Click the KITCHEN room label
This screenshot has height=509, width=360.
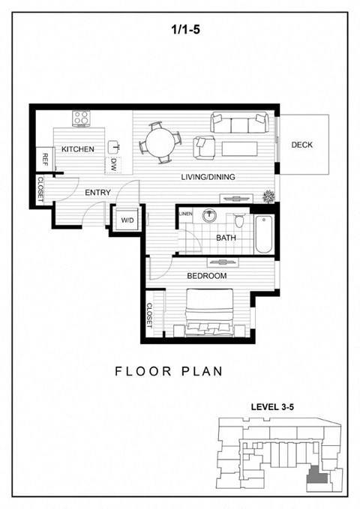click(x=78, y=149)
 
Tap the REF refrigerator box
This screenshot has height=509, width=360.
click(x=45, y=159)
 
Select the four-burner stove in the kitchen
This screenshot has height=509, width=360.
click(x=81, y=118)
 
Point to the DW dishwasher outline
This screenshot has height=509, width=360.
click(x=113, y=165)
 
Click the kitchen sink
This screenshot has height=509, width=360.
click(x=114, y=147)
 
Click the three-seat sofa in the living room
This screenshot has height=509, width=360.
click(x=240, y=122)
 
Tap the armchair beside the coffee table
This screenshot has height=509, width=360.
click(x=204, y=148)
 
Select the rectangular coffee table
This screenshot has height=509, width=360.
click(x=240, y=148)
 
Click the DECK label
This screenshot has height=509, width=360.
click(x=301, y=145)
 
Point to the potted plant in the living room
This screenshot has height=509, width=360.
click(x=268, y=196)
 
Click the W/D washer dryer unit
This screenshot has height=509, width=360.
click(x=127, y=220)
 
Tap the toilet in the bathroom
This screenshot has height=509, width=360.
click(x=239, y=220)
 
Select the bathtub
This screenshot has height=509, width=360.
click(x=263, y=234)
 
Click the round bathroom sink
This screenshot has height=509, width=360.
click(x=209, y=216)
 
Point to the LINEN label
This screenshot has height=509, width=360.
click(x=185, y=214)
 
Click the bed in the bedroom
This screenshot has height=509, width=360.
click(x=209, y=313)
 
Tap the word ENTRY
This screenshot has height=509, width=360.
click(x=97, y=193)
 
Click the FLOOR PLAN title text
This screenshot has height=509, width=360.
click(x=169, y=371)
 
